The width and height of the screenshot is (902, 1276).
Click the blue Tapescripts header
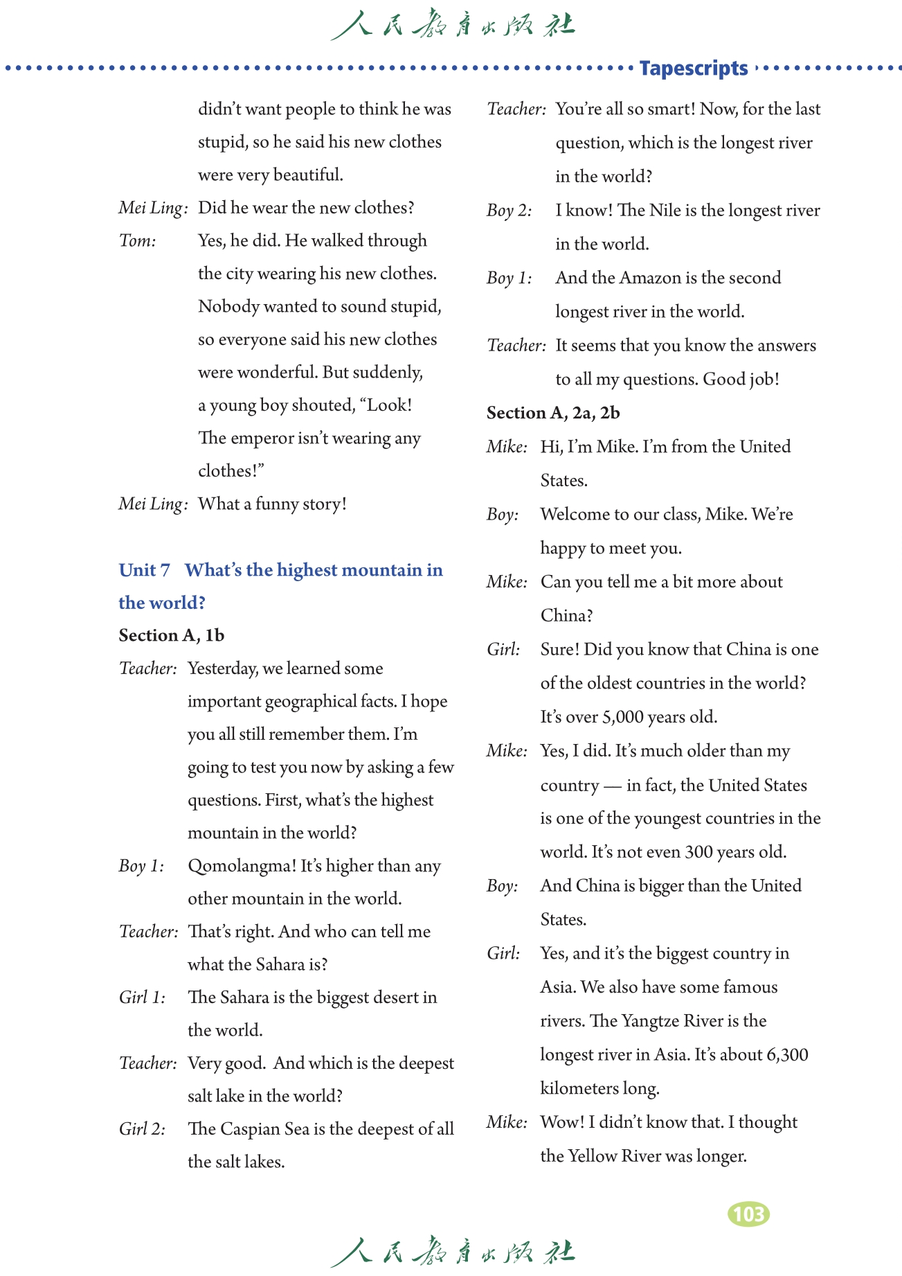(693, 69)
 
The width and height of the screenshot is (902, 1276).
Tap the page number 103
(748, 1214)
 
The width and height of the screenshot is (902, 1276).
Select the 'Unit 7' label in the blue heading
(144, 570)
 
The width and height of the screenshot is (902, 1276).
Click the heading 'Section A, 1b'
(171, 635)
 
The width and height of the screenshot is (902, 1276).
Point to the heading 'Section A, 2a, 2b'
(553, 413)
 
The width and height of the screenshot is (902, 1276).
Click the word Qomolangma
(242, 866)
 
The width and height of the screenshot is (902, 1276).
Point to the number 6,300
(787, 1055)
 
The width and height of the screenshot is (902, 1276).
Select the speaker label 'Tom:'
(138, 241)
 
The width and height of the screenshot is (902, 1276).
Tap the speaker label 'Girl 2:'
(142, 1129)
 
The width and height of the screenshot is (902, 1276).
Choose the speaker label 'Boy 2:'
(509, 211)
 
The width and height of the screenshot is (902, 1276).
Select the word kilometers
(579, 1088)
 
